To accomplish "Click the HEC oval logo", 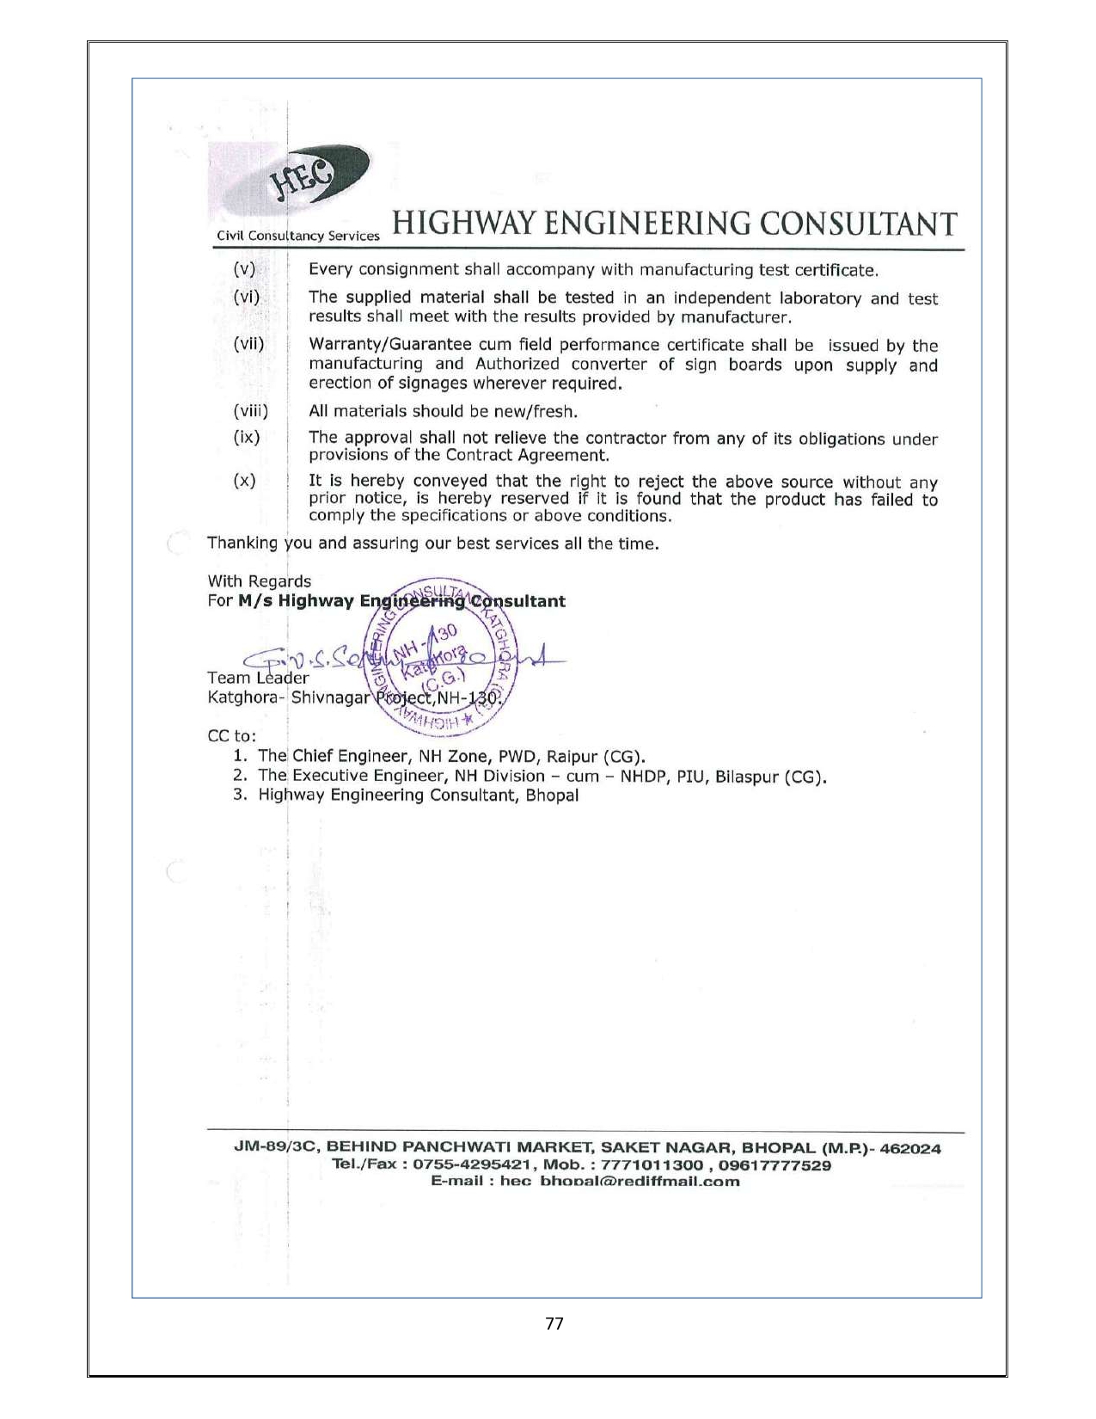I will pos(320,177).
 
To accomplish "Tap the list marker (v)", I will pos(245,269).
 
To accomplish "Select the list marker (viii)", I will pos(251,410).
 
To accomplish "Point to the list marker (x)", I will pos(245,481).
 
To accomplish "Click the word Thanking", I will pos(243,544).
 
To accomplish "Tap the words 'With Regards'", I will pos(260,581).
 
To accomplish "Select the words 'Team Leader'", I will pos(258,678).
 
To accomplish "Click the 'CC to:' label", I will pos(232,737).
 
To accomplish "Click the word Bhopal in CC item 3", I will pos(552,795).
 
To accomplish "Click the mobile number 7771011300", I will pos(652,1165).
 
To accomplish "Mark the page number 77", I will pos(554,1324).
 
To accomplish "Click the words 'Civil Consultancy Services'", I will pos(297,236).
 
